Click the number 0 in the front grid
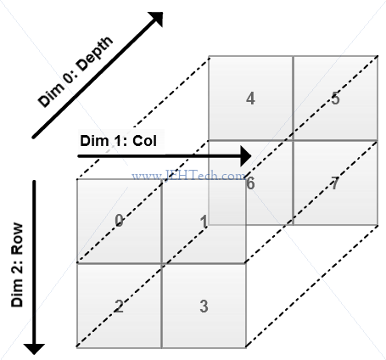(119, 220)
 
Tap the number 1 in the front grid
(204, 221)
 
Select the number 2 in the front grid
(119, 306)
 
